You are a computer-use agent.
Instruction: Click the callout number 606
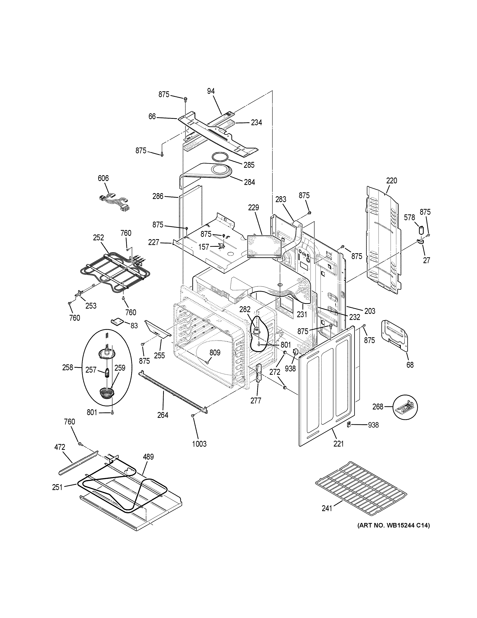pos(103,178)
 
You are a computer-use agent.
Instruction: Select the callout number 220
pos(392,180)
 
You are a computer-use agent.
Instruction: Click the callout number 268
pos(378,407)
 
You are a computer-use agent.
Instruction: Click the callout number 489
pos(148,457)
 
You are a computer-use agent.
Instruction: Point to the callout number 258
pos(68,368)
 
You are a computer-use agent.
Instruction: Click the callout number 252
pos(98,237)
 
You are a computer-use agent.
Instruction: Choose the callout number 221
pos(338,444)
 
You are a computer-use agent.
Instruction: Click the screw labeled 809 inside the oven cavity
pos(207,362)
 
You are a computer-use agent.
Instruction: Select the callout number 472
pos(60,447)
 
